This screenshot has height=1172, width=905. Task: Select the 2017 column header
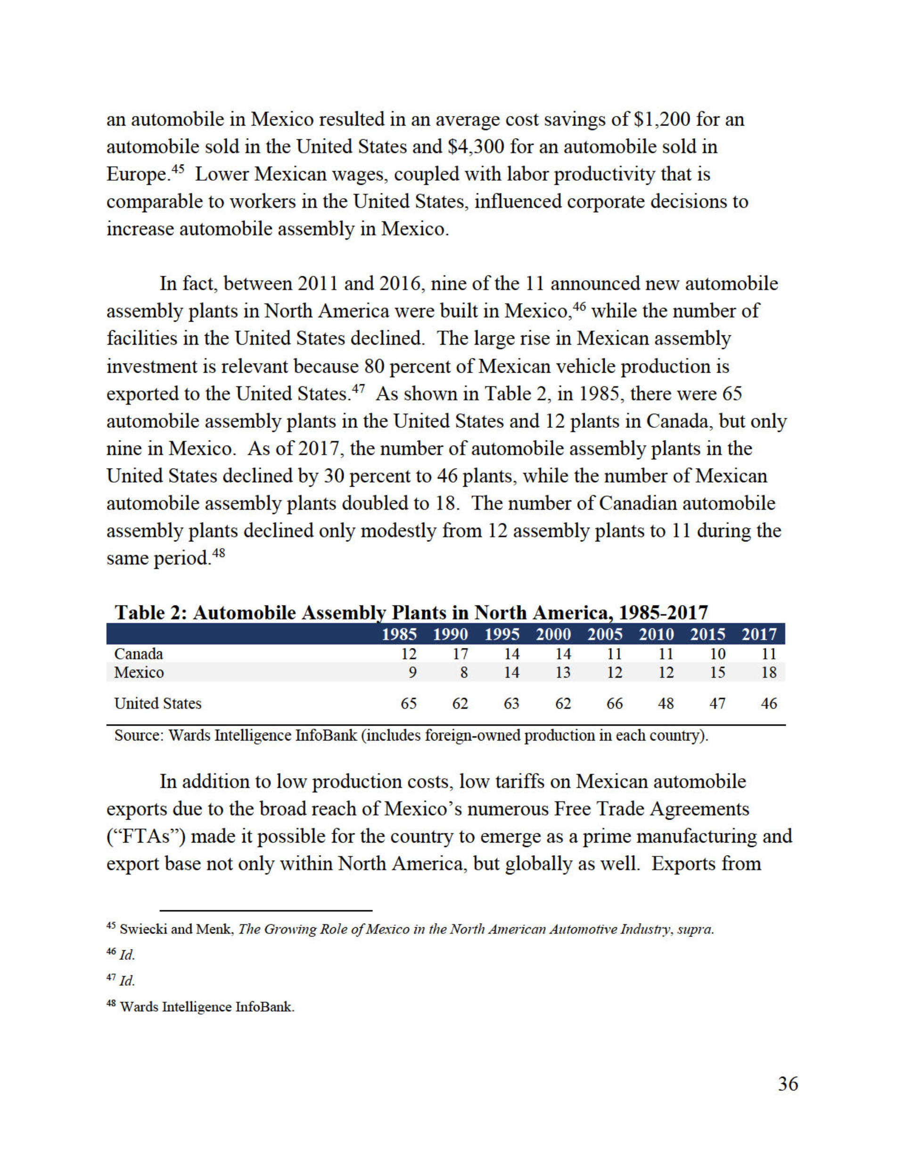click(x=759, y=635)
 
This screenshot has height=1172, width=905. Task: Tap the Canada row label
click(x=139, y=654)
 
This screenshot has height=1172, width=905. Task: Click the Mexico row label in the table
click(x=139, y=672)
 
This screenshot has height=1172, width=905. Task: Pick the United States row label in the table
click(x=158, y=703)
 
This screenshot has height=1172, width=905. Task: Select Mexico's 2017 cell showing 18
click(x=769, y=672)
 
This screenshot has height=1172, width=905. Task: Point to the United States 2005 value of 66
click(x=614, y=703)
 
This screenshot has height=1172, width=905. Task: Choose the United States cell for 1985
click(x=409, y=703)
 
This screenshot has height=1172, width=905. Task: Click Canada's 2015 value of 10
click(x=717, y=654)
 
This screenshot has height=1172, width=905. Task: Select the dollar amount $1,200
click(x=661, y=119)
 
